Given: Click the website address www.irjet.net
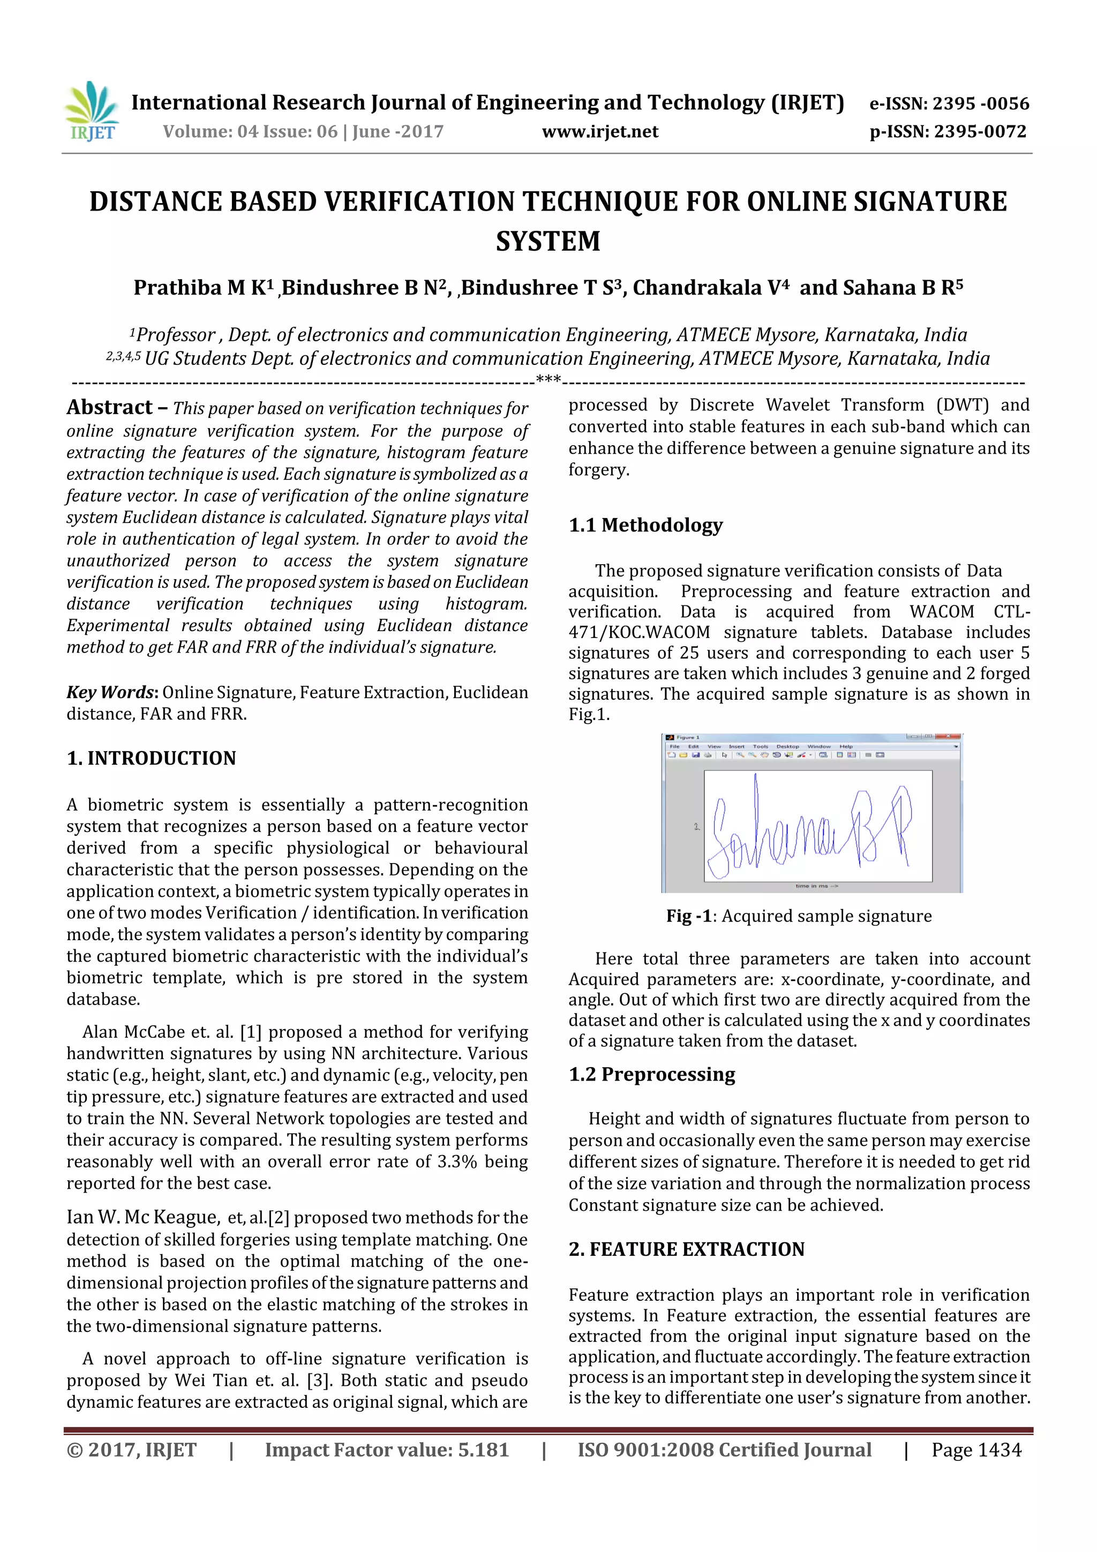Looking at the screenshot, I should pyautogui.click(x=599, y=131).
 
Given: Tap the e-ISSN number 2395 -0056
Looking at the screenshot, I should pyautogui.click(x=981, y=103).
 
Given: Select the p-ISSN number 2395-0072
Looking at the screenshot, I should pyautogui.click(x=980, y=131).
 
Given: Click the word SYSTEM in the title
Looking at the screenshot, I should pyautogui.click(x=548, y=241).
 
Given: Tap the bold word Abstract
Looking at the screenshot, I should pyautogui.click(x=109, y=407).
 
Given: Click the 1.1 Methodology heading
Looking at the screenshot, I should pyautogui.click(x=645, y=524).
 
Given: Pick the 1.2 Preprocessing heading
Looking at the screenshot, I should pyautogui.click(x=651, y=1074).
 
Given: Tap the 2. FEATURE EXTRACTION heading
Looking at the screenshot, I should pyautogui.click(x=686, y=1249).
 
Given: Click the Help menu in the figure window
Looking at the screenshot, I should pyautogui.click(x=846, y=746).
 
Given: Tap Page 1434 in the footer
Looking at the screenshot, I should pyautogui.click(x=976, y=1449).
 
